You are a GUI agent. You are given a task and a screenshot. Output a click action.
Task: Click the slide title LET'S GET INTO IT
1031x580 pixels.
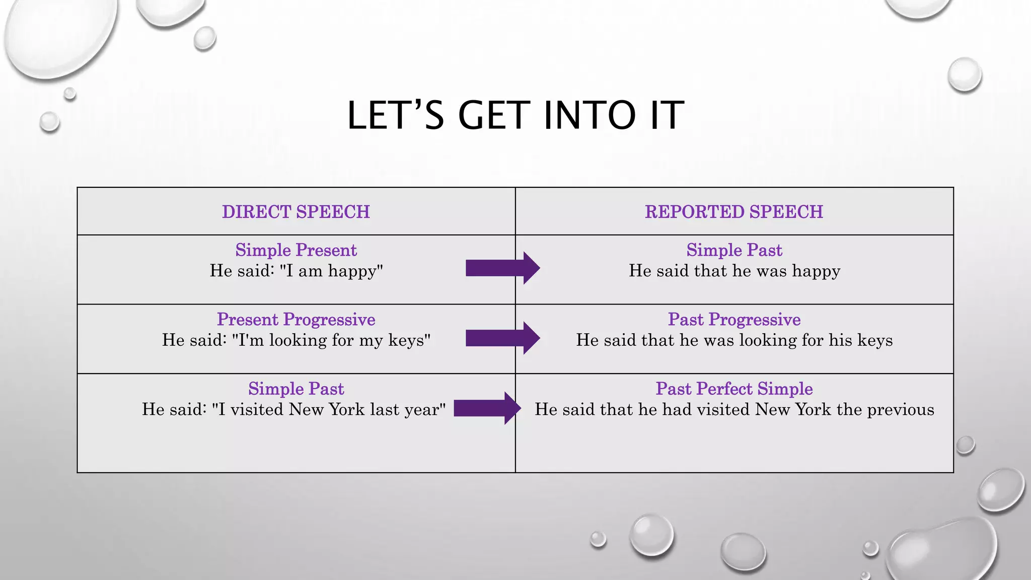[x=515, y=115]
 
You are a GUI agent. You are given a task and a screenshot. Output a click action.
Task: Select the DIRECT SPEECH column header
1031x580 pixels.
[x=296, y=212]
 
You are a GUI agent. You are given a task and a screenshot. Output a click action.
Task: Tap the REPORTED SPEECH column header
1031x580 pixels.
[x=734, y=212]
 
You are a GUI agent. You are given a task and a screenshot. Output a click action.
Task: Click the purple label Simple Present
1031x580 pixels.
[x=296, y=250]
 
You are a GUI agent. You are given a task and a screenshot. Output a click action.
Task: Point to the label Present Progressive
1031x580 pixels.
[x=296, y=320]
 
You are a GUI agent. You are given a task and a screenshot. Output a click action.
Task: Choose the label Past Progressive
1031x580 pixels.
[x=734, y=320]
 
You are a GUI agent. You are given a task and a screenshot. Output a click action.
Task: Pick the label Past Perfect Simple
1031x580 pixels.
[x=734, y=389]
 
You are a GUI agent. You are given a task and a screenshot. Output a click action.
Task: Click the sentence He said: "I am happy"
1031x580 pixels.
[x=296, y=271]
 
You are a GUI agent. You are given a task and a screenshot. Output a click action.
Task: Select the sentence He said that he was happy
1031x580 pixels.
[x=734, y=271]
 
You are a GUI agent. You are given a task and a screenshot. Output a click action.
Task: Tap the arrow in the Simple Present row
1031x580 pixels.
[x=502, y=268]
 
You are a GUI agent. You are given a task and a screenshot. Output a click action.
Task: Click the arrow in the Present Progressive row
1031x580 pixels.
[x=502, y=338]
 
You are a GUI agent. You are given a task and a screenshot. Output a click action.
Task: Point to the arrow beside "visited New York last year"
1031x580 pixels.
[x=487, y=408]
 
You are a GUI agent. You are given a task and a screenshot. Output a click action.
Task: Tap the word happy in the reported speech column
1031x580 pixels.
[x=816, y=271]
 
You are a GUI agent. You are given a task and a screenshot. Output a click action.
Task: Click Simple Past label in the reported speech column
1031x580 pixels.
[x=734, y=250]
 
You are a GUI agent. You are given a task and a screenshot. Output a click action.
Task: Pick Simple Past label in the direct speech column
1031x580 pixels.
[x=296, y=389]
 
